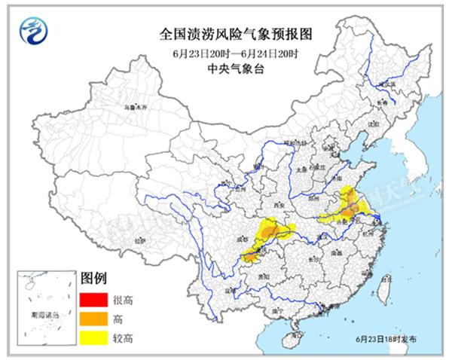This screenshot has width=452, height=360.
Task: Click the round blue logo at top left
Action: coord(32,33)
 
